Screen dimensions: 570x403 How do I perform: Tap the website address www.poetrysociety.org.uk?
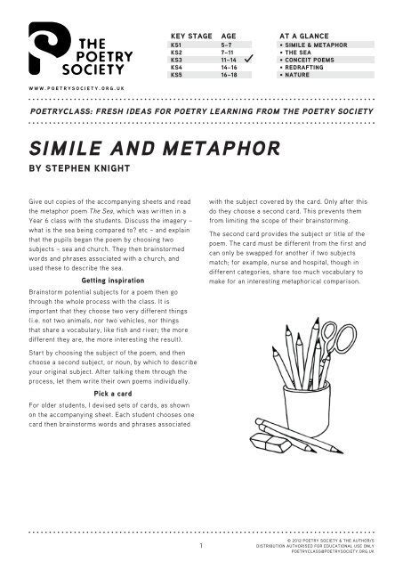(76, 91)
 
